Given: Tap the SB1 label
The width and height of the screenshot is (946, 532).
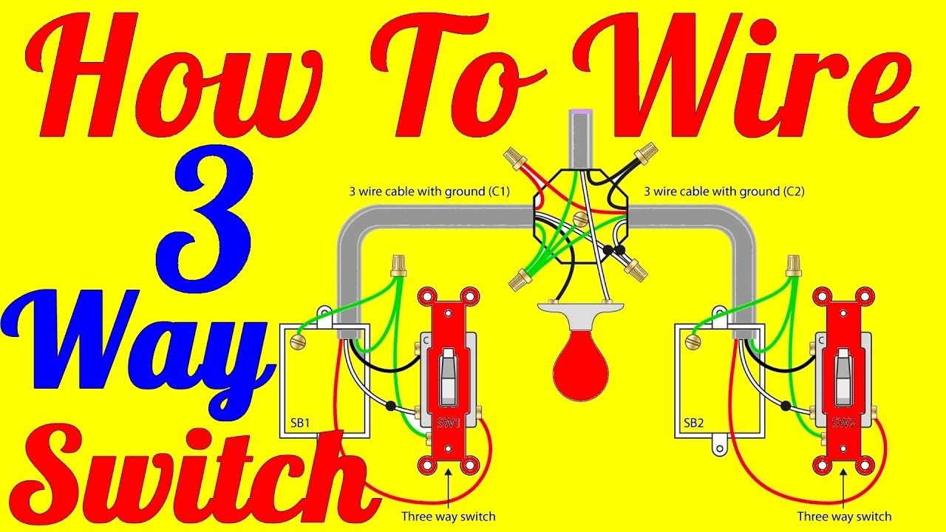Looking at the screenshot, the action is coord(300,423).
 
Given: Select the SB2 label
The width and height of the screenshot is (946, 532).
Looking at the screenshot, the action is coord(693,423).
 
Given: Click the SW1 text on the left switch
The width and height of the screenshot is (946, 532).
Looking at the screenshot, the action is coord(449,423).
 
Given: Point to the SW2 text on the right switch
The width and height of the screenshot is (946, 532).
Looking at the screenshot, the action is coord(843,423).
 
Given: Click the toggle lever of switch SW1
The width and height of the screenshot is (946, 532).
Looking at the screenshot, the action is coord(448,377).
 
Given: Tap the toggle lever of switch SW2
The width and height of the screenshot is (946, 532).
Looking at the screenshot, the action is coord(843,377).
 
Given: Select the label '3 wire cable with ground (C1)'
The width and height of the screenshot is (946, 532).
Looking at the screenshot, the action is coord(429,191).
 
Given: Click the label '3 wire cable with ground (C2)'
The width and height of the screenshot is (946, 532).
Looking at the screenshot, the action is coord(724,191).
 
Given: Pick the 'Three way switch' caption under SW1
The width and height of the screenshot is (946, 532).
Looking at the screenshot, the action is coord(448,516).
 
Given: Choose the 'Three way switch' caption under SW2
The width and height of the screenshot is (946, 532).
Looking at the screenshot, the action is coord(844,516).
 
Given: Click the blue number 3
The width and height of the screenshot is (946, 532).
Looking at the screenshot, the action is coord(205,219).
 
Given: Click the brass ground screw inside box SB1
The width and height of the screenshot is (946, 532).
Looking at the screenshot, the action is coord(299,342).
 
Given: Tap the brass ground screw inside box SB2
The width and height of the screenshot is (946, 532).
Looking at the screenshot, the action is coord(693,342).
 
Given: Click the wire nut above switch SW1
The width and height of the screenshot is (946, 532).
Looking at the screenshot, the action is coord(398,265).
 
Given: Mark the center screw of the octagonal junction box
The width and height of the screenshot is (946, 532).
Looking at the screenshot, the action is coord(581,219).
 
